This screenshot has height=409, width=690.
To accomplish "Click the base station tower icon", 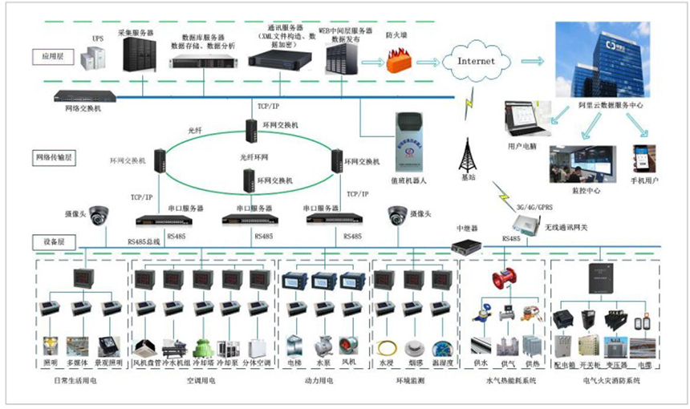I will point(468,155).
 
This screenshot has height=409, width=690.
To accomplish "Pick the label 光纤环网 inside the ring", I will point(255,158).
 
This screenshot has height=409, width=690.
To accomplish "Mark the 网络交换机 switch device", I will point(87,96).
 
